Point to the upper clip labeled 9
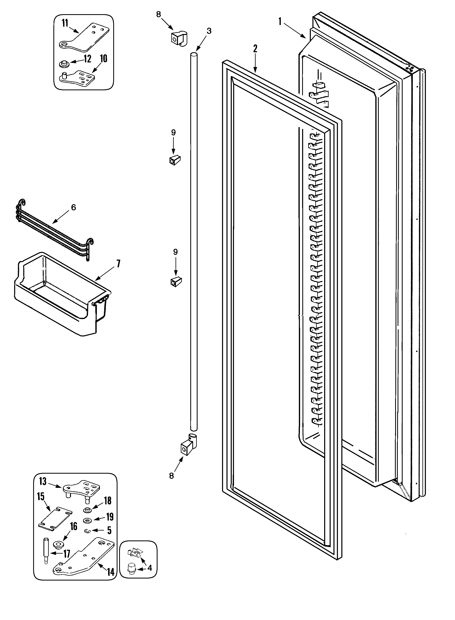(174, 160)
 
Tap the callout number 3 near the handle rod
(209, 31)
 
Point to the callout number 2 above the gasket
(255, 49)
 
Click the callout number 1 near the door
(280, 21)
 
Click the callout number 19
(110, 517)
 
